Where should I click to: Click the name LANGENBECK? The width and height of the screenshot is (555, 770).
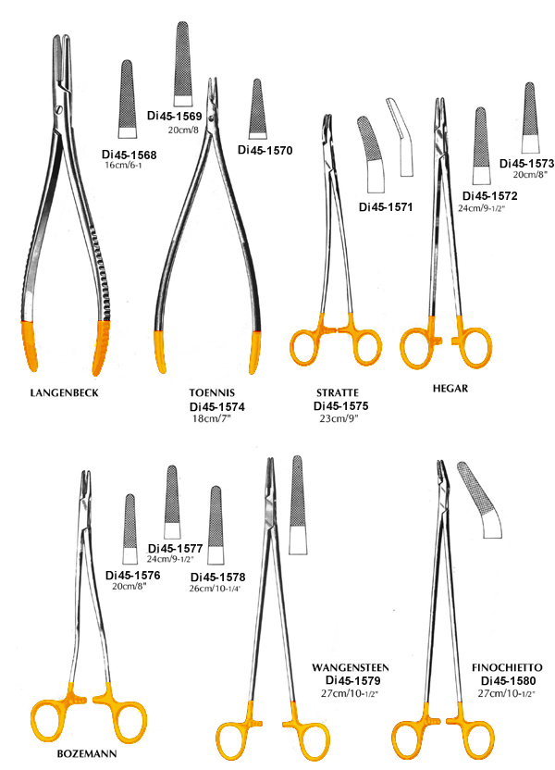point(64,392)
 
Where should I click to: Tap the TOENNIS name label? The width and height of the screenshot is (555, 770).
point(212,392)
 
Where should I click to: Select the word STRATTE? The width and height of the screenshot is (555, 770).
point(337,392)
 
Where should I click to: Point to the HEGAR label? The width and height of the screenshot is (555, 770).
point(450,389)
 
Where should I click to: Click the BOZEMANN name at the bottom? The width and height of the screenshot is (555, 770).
point(87,753)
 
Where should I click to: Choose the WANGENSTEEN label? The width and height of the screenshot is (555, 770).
point(351,668)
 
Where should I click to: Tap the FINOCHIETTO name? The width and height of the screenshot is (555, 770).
point(507,668)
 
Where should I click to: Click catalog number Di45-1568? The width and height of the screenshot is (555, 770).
point(129,155)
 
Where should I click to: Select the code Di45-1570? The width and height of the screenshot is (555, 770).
point(265,150)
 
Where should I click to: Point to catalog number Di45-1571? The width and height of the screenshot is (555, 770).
point(386,206)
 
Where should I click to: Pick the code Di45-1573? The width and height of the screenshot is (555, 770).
point(526,163)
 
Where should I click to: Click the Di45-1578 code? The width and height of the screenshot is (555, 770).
point(218,577)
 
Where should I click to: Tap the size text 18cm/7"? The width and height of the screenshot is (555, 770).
point(211,418)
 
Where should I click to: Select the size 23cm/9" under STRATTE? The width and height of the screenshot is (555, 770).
point(339,418)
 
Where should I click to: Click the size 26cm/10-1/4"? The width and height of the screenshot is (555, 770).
point(215,589)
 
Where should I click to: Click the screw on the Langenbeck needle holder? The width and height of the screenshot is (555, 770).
point(59,108)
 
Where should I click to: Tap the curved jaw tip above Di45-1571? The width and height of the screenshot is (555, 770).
point(370,154)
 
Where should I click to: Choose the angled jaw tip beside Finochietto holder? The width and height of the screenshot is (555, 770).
point(480,500)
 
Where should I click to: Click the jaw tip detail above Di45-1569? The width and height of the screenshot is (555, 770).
point(182,65)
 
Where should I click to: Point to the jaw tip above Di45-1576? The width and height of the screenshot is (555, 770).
point(130,528)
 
